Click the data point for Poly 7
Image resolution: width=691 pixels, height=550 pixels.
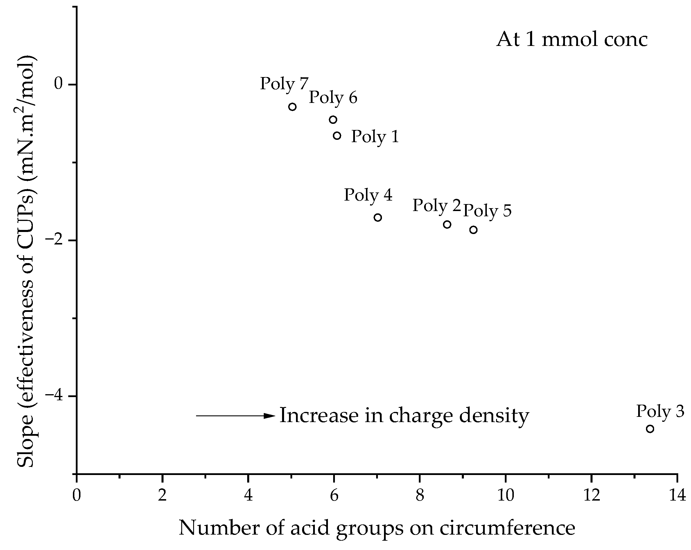(292, 107)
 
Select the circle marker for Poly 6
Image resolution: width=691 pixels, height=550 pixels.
(333, 119)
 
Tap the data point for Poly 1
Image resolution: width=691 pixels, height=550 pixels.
(337, 136)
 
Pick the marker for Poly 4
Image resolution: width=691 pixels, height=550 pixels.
(378, 218)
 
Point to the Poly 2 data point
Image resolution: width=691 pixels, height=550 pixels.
(447, 224)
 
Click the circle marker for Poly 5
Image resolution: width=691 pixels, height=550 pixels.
(473, 230)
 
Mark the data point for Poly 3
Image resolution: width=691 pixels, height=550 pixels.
(650, 429)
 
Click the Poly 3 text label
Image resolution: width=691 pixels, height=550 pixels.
(660, 411)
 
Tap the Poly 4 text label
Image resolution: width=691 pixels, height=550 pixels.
(368, 195)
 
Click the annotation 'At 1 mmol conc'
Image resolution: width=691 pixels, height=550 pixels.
(572, 40)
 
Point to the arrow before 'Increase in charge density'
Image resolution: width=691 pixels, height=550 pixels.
(236, 416)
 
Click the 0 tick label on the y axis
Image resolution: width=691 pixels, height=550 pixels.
(58, 84)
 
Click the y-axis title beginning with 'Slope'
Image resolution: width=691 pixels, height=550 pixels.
(26, 261)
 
